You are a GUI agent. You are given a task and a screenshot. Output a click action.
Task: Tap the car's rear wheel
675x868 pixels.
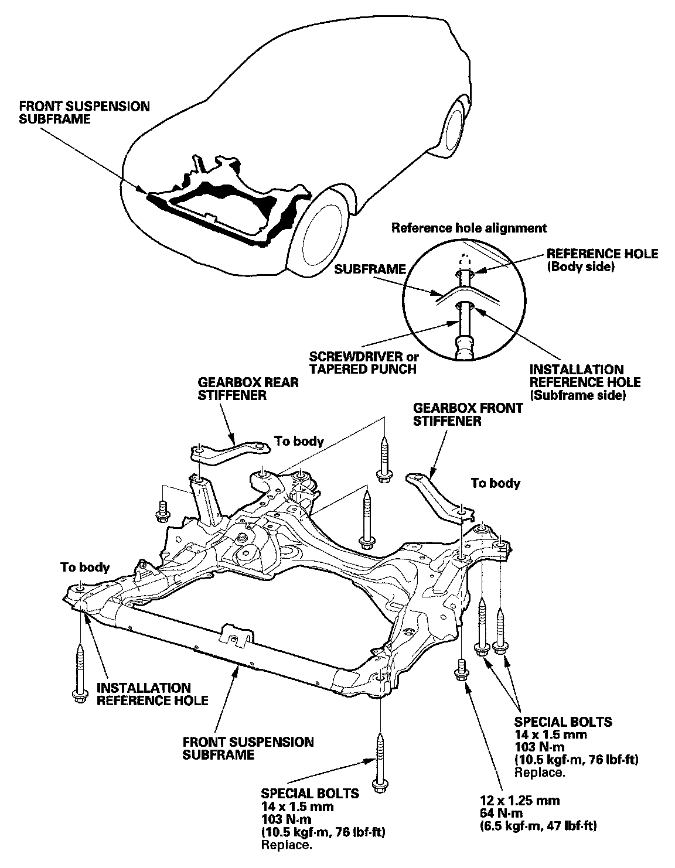[454, 132]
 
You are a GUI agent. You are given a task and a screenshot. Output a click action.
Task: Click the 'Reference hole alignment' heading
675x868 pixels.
[469, 228]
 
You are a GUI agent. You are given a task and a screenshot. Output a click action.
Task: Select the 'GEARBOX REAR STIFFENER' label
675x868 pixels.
[248, 389]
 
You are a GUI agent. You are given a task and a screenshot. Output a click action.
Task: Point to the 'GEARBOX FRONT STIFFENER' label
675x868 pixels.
[468, 414]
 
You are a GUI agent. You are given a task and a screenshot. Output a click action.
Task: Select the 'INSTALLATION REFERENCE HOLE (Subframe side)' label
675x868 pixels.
[585, 382]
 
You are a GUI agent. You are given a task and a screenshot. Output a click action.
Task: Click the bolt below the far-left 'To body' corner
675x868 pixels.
[79, 674]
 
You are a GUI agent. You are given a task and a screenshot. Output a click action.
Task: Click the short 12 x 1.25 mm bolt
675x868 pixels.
[461, 671]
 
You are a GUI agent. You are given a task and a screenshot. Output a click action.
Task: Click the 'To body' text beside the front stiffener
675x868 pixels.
[496, 483]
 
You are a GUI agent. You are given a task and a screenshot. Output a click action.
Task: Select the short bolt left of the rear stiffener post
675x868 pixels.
[162, 510]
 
